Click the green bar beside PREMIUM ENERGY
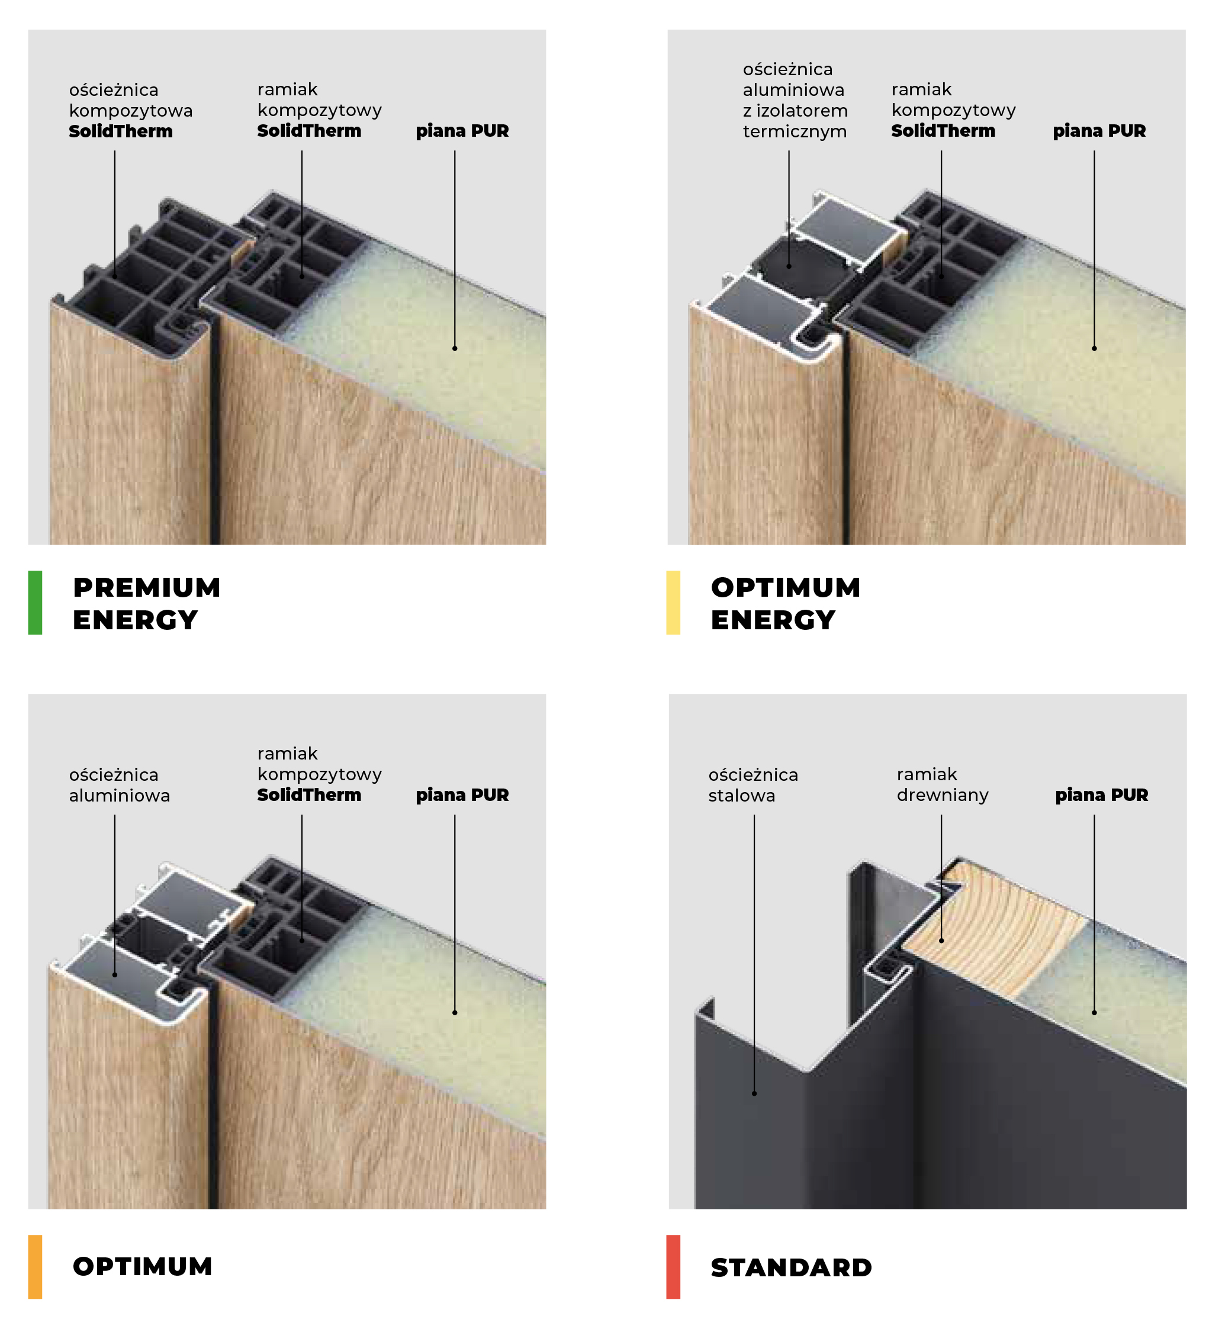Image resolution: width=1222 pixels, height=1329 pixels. (35, 603)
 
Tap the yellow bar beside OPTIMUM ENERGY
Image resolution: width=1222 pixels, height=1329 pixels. (673, 603)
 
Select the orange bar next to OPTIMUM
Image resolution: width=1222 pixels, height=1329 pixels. (35, 1267)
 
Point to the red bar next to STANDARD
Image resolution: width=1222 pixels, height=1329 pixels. (673, 1267)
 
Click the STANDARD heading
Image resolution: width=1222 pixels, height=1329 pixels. (792, 1267)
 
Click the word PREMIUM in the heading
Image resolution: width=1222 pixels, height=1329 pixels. (147, 587)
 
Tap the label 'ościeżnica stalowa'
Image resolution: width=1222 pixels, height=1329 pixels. (753, 785)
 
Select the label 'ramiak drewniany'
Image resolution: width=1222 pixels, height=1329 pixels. (943, 784)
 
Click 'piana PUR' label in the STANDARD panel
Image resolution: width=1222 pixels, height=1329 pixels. (1102, 795)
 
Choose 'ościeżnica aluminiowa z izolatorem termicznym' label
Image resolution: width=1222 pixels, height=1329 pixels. (795, 100)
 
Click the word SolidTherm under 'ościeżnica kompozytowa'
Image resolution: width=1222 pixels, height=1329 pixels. (120, 131)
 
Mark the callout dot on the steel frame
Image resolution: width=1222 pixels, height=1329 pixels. (754, 1093)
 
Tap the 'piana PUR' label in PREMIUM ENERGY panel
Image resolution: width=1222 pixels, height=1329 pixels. (462, 131)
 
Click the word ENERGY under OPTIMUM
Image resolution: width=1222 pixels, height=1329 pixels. (773, 620)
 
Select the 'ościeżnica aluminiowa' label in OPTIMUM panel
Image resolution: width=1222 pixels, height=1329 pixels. (119, 785)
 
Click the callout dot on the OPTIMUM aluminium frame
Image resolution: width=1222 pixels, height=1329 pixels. (115, 974)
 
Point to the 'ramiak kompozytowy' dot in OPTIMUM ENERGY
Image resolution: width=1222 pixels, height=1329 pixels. (941, 275)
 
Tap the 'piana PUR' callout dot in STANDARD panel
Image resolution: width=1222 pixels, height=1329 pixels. (1094, 1012)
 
